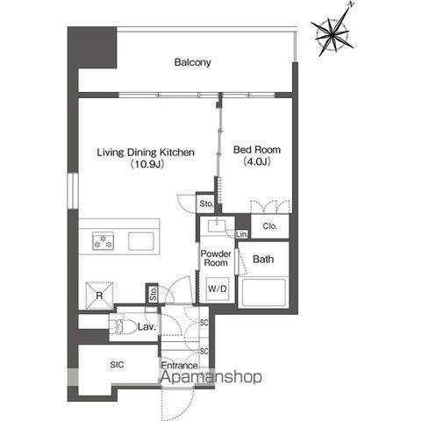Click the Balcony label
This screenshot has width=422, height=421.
click(x=192, y=62)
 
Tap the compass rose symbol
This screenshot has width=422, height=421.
click(x=333, y=34)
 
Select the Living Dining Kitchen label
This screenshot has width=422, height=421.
click(x=146, y=152)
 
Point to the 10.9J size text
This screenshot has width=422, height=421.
click(x=147, y=164)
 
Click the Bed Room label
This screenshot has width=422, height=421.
click(x=257, y=150)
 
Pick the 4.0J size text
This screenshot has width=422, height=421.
click(x=257, y=161)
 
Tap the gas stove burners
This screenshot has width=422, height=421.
click(x=103, y=241)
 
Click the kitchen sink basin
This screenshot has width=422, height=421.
click(x=141, y=241)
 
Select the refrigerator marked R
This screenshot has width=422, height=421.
click(x=99, y=296)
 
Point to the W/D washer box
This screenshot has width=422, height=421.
click(x=218, y=289)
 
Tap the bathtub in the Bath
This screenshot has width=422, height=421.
click(x=262, y=292)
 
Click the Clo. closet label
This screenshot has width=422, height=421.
click(x=270, y=226)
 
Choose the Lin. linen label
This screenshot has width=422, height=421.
click(x=242, y=234)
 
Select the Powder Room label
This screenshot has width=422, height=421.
click(x=216, y=258)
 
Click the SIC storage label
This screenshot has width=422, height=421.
click(x=117, y=365)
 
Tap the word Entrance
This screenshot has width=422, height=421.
click(x=179, y=365)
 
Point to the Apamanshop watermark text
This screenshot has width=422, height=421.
click(x=211, y=376)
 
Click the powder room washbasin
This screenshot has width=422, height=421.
click(x=217, y=225)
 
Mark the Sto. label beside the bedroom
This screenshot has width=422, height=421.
click(x=206, y=203)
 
